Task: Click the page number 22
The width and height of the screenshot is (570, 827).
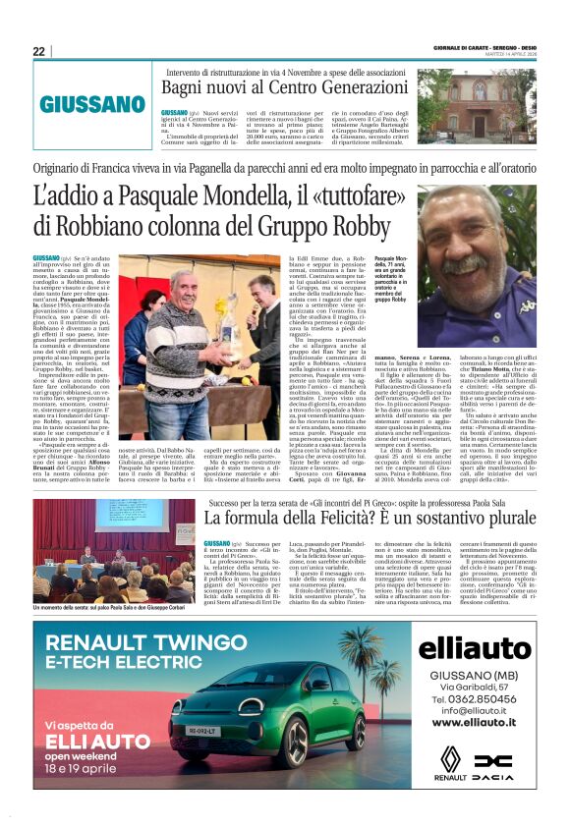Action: (x=38, y=51)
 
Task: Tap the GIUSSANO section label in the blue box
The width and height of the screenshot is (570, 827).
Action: (x=92, y=104)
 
